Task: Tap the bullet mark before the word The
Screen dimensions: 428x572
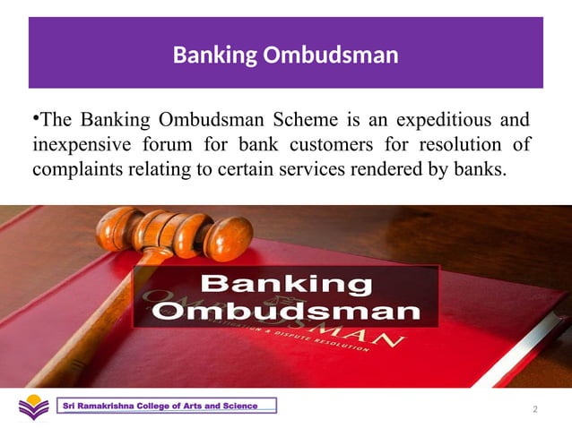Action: (x=36, y=116)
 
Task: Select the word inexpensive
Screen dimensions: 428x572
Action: (x=82, y=144)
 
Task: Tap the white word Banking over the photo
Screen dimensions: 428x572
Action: (x=286, y=285)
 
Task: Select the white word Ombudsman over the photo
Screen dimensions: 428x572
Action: (x=286, y=312)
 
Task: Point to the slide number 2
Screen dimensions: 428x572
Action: (x=534, y=409)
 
